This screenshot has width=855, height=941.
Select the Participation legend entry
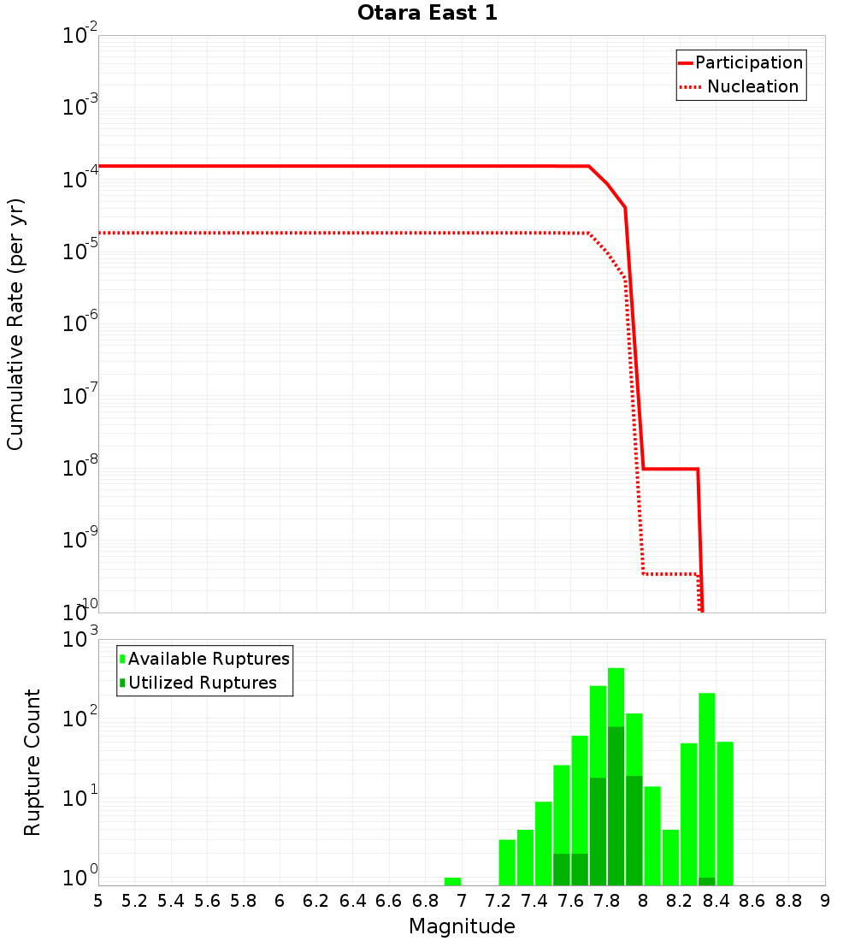pos(748,62)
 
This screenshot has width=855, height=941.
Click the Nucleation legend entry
pos(752,86)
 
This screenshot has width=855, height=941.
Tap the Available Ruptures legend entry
pos(209,659)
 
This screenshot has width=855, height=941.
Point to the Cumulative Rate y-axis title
pos(15,324)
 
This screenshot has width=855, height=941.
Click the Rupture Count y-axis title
pos(32,762)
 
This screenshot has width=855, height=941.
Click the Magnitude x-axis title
pos(462,926)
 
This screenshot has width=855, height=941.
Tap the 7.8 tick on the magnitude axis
pos(607,901)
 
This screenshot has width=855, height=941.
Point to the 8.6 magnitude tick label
pos(752,901)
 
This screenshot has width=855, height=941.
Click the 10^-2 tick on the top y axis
pos(80,36)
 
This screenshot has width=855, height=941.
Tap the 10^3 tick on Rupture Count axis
pos(80,639)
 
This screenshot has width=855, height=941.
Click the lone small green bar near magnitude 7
pos(452,881)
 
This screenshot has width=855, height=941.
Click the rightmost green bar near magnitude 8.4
pos(725,813)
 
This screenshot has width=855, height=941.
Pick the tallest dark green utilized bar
pos(616,804)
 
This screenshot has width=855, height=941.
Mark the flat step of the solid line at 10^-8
pos(670,469)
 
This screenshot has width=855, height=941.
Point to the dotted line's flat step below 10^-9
pos(670,574)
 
